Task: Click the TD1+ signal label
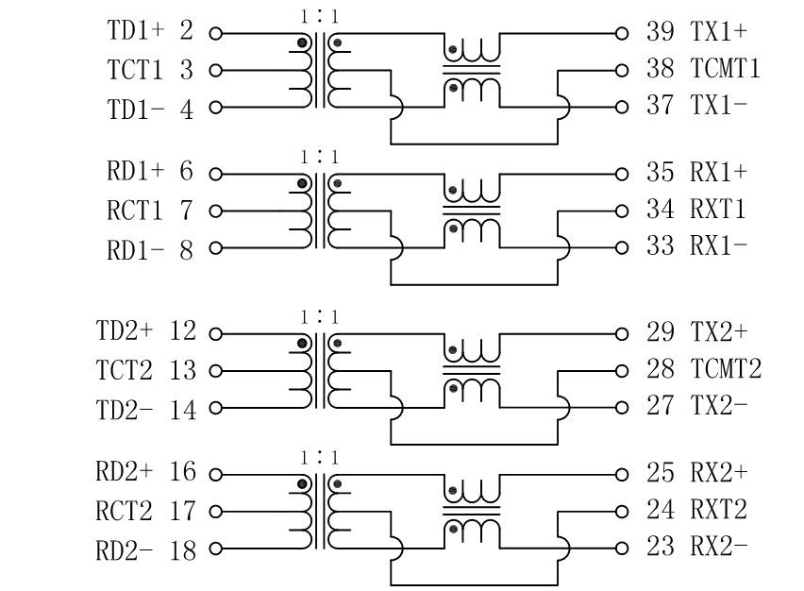click(136, 31)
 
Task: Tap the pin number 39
click(660, 31)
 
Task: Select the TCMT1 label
click(725, 69)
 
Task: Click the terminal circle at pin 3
click(215, 71)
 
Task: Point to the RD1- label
click(136, 249)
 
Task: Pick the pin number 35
click(660, 173)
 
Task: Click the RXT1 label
click(718, 210)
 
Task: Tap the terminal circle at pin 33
click(621, 248)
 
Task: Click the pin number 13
click(183, 371)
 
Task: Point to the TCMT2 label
click(725, 369)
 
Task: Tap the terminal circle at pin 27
click(621, 408)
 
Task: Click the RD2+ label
click(125, 472)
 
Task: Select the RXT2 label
click(718, 510)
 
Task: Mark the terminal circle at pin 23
click(621, 548)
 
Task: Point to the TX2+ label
click(718, 332)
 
